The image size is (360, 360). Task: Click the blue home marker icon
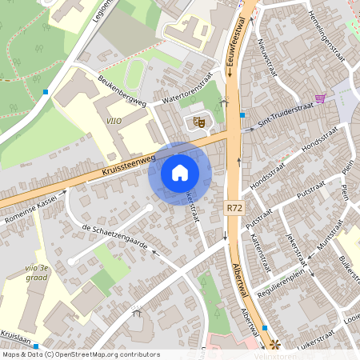180,172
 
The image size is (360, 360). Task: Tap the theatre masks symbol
195,122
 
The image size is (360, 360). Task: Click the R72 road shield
234,207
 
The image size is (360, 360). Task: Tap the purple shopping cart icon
321,98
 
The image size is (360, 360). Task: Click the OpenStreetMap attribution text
80,354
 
